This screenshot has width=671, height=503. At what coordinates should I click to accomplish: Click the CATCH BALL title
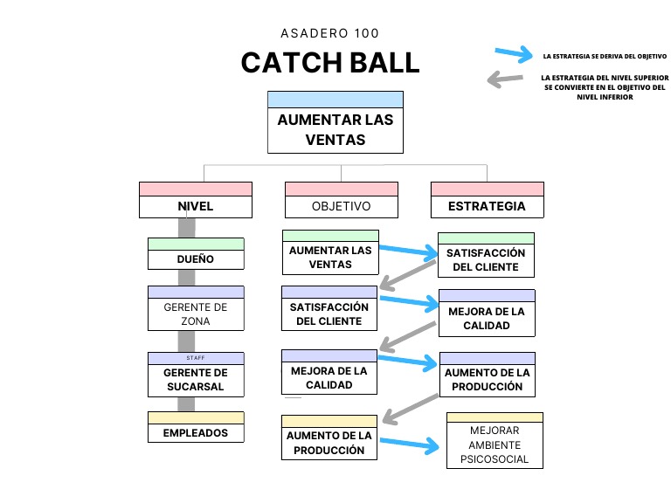pyautogui.click(x=329, y=63)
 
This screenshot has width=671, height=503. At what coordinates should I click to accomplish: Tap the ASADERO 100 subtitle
pyautogui.click(x=329, y=34)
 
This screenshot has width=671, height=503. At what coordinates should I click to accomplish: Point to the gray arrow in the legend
pyautogui.click(x=507, y=80)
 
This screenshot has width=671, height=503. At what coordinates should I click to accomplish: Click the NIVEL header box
pyautogui.click(x=195, y=206)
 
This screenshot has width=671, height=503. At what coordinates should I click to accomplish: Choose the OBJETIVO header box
pyautogui.click(x=341, y=206)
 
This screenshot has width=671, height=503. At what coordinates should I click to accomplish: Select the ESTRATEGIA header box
pyautogui.click(x=487, y=206)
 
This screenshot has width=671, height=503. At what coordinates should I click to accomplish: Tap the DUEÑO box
pyautogui.click(x=196, y=258)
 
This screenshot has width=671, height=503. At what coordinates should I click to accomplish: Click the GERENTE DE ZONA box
pyautogui.click(x=196, y=314)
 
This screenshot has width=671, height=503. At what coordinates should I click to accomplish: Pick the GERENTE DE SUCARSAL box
pyautogui.click(x=196, y=380)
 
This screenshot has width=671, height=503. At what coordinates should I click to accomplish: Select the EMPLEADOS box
pyautogui.click(x=196, y=432)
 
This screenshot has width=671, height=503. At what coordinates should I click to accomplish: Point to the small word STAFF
pyautogui.click(x=196, y=358)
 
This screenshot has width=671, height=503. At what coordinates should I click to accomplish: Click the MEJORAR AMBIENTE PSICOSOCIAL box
pyautogui.click(x=495, y=444)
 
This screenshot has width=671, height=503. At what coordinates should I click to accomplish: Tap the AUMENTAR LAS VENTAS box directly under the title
pyautogui.click(x=335, y=128)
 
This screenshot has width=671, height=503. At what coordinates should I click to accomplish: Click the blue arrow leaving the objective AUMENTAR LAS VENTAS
pyautogui.click(x=407, y=251)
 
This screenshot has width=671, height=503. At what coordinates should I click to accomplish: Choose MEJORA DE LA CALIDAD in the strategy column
pyautogui.click(x=487, y=318)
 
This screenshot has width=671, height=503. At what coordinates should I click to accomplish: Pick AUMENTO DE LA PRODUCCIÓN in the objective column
pyautogui.click(x=329, y=443)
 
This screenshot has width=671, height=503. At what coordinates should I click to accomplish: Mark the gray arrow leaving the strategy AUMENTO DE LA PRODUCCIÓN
pyautogui.click(x=411, y=407)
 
